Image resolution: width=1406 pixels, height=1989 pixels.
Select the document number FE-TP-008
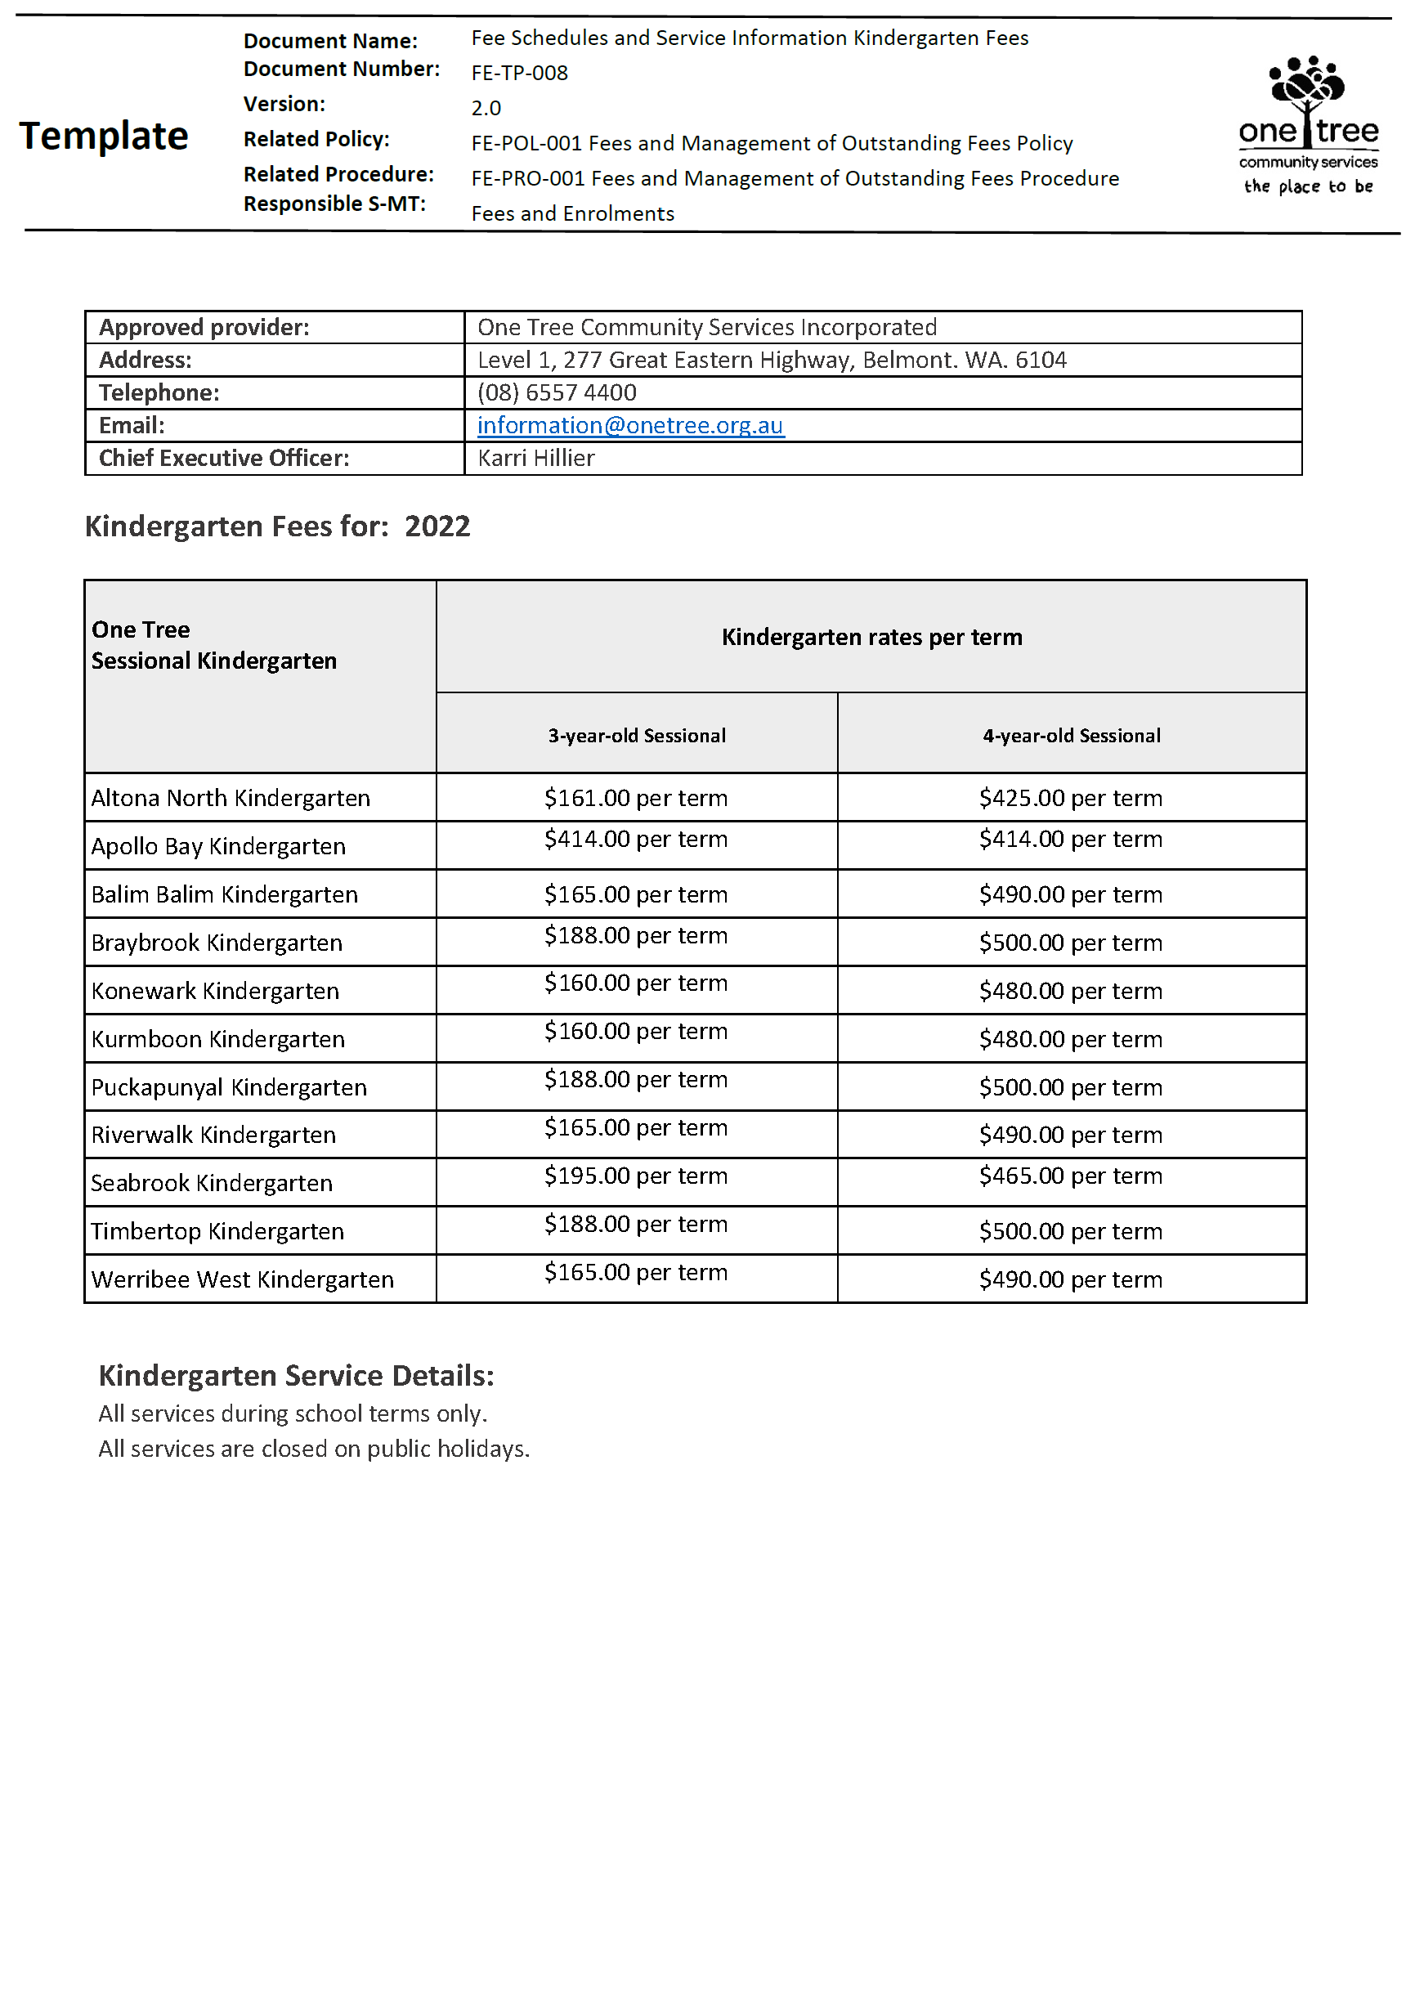click(519, 73)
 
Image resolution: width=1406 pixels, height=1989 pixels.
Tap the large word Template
click(104, 136)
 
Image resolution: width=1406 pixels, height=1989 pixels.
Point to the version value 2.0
click(486, 108)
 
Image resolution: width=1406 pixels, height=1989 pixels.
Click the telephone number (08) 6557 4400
click(556, 392)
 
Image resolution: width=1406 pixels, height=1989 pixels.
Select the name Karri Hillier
click(535, 459)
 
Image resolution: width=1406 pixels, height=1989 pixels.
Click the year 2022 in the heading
click(437, 526)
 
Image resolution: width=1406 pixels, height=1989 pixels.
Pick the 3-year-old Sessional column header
click(637, 736)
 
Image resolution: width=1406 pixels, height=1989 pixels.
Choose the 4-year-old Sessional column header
click(1071, 736)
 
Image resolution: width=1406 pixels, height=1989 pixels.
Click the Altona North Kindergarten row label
click(231, 798)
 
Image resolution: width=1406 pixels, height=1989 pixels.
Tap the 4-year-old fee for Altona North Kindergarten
click(1071, 798)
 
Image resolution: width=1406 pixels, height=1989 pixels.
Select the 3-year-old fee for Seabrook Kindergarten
click(636, 1176)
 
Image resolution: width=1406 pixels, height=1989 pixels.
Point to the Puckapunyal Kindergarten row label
click(229, 1087)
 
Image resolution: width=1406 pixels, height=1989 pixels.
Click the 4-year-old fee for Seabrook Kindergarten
click(1071, 1176)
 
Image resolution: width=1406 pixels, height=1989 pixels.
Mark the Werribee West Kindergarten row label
click(243, 1279)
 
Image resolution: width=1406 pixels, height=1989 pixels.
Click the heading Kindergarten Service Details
click(296, 1376)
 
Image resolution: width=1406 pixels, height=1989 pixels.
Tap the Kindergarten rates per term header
click(871, 638)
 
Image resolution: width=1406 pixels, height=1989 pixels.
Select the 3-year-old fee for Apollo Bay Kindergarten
click(636, 840)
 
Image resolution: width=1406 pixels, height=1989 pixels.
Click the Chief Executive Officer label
click(224, 459)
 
